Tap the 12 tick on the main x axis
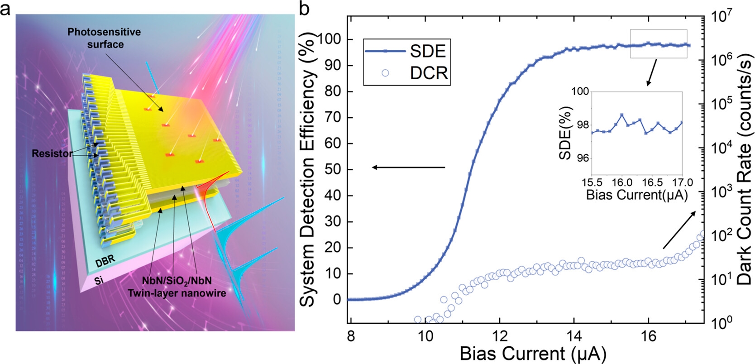499,336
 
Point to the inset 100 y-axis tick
580,92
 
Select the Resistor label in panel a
52,153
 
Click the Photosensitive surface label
104,38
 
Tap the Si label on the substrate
99,280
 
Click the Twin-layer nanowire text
177,293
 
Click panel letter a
5,8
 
